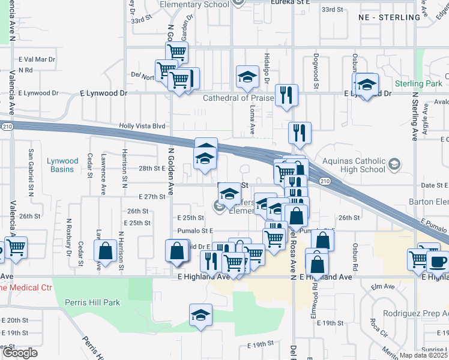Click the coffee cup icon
coord(438,261)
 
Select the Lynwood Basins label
coord(63,165)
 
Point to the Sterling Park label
coord(418,83)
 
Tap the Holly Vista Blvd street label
coord(142,126)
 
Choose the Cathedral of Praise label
coord(238,98)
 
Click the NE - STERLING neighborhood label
coord(389,17)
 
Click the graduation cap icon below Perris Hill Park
coord(201,314)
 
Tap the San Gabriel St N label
coord(31,172)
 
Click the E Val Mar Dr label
coord(37,59)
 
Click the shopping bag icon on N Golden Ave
coord(177,250)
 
